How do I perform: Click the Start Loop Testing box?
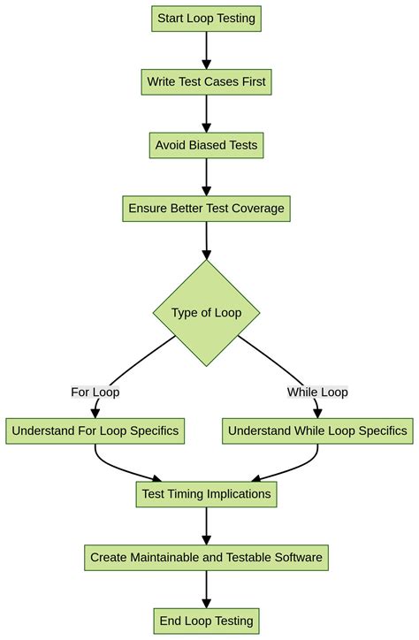207,19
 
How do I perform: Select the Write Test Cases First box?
207,82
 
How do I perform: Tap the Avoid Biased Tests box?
207,145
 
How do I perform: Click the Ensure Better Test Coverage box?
207,209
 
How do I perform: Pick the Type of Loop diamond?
207,313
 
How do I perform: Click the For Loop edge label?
95,392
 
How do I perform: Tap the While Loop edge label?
317,392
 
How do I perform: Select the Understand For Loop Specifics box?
95,431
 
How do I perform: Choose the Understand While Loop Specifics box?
317,431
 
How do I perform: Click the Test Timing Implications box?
207,494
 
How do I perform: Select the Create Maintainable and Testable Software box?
207,558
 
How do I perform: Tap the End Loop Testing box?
207,621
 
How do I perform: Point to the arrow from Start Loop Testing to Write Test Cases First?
207,50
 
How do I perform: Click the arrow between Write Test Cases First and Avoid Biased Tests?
207,113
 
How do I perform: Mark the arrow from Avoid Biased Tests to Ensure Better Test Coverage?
207,177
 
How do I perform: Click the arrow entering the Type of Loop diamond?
207,240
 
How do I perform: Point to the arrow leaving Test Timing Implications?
207,526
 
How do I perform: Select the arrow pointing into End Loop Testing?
207,590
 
